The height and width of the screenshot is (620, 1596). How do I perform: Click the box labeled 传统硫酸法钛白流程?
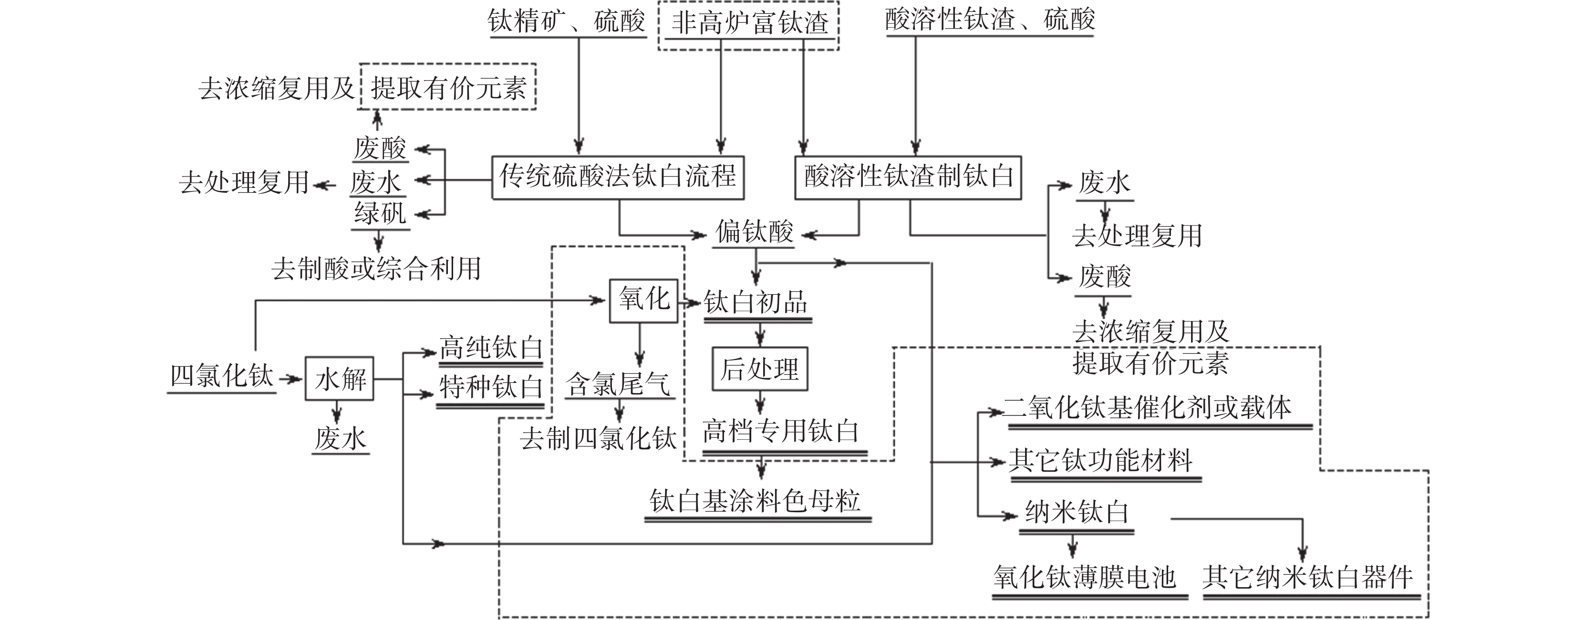[x=618, y=177]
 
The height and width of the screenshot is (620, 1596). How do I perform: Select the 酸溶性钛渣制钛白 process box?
[x=908, y=177]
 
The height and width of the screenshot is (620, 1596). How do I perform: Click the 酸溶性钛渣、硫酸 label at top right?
[x=989, y=20]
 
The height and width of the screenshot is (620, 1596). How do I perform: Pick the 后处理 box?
[x=759, y=369]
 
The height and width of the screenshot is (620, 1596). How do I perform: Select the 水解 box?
[x=340, y=379]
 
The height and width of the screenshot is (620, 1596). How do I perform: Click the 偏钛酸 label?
[x=754, y=232]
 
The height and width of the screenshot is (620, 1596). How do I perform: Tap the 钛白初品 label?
[x=757, y=303]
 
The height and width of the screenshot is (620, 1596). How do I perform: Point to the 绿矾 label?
[x=380, y=214]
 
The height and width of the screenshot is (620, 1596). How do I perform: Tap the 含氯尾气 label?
[x=618, y=384]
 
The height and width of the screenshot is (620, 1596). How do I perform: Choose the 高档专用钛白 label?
[x=781, y=432]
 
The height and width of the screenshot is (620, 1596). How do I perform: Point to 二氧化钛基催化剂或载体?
[x=1147, y=408]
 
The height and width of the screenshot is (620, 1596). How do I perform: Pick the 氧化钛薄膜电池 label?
[x=1084, y=577]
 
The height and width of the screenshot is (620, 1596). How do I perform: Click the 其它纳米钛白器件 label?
[x=1307, y=577]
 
